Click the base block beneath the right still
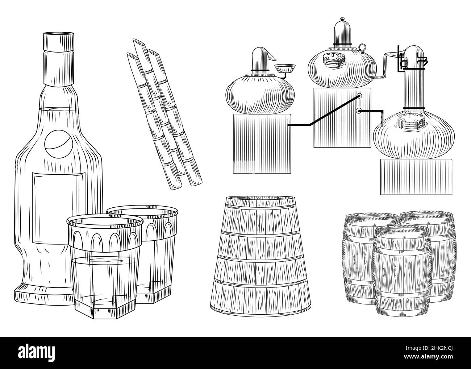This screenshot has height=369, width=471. coord(416,177)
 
